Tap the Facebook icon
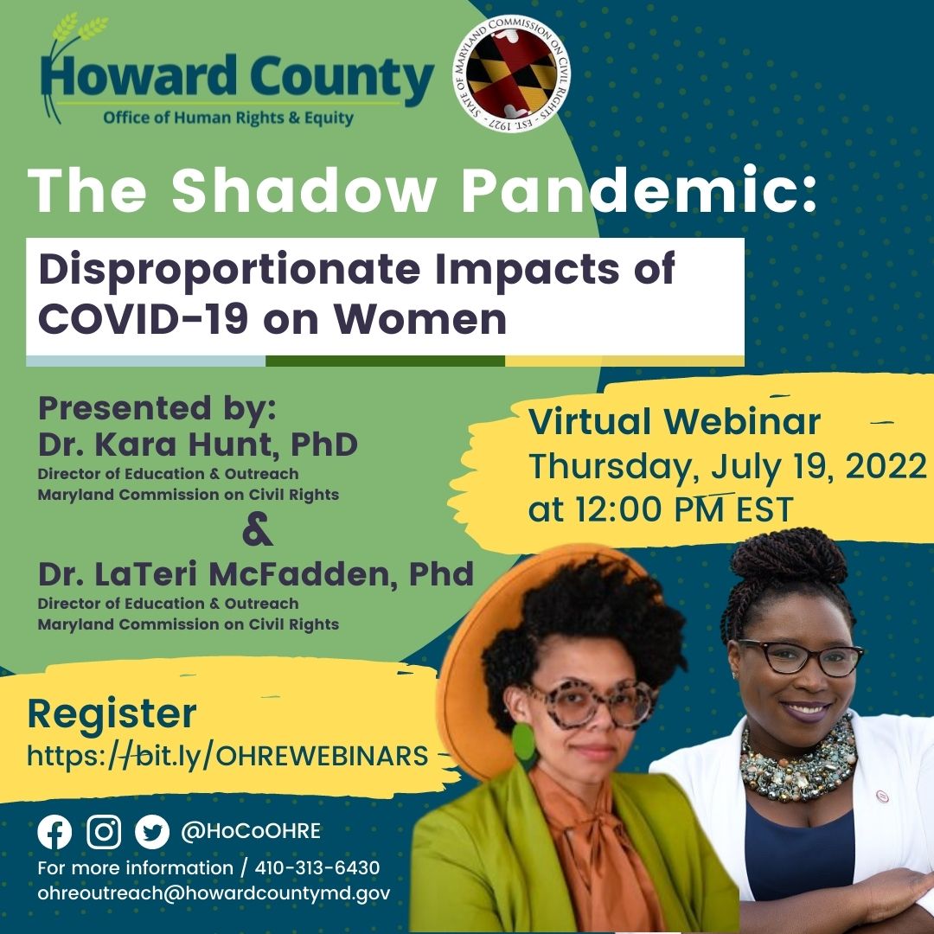54,832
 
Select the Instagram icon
104,832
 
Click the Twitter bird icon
152,832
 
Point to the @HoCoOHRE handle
251,832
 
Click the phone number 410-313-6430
317,867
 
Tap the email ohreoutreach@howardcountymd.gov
213,893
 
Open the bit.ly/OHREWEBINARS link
227,756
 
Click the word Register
112,714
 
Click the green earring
524,746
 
